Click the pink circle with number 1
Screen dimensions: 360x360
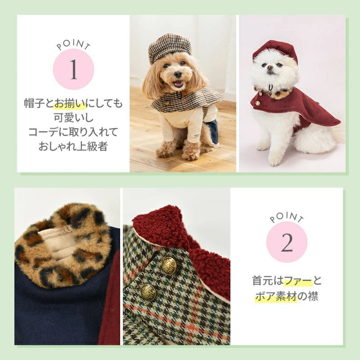pyautogui.click(x=73, y=70)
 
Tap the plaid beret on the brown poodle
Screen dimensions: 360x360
pyautogui.click(x=169, y=48)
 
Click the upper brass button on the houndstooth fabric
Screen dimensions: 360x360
pyautogui.click(x=169, y=264)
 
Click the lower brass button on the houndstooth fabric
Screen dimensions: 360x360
pyautogui.click(x=149, y=292)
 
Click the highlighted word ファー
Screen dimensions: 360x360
pyautogui.click(x=298, y=282)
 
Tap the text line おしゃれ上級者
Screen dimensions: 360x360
pyautogui.click(x=73, y=147)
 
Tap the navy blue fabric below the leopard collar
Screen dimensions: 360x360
pyautogui.click(x=58, y=310)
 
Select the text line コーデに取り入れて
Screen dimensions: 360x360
pyautogui.click(x=73, y=133)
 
